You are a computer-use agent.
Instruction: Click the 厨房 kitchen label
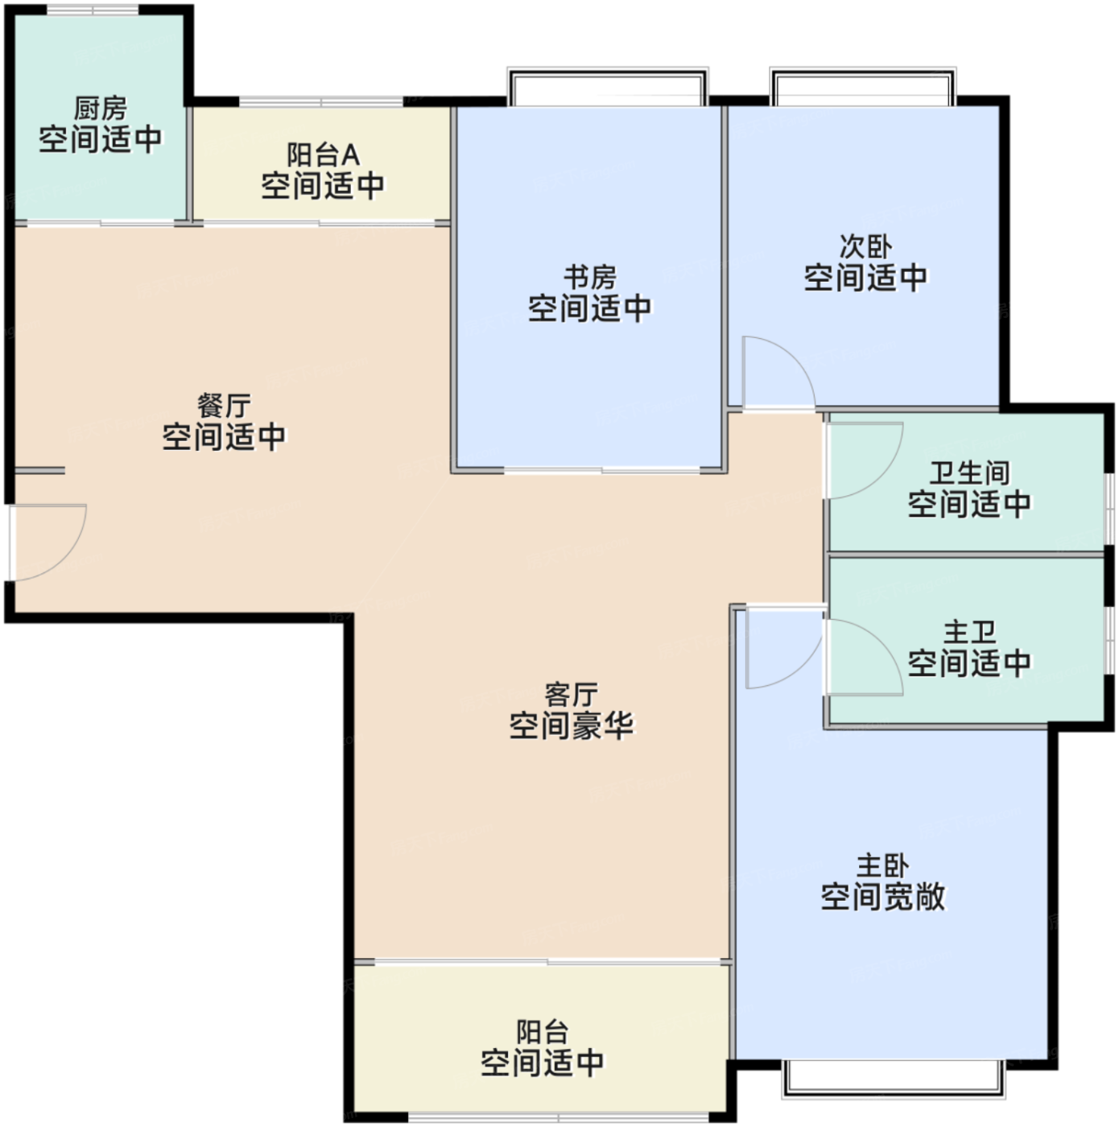pyautogui.click(x=100, y=108)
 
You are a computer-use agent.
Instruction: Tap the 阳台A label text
pyautogui.click(x=323, y=155)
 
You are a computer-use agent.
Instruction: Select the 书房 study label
pyautogui.click(x=589, y=277)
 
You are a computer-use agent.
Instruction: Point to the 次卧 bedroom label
pyautogui.click(x=865, y=246)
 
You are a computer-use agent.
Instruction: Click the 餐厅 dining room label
pyautogui.click(x=224, y=405)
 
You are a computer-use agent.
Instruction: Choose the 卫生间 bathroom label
pyautogui.click(x=970, y=473)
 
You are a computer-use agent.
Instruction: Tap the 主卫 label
pyautogui.click(x=970, y=632)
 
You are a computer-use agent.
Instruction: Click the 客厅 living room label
pyautogui.click(x=572, y=695)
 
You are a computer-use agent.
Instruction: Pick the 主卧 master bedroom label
pyautogui.click(x=883, y=865)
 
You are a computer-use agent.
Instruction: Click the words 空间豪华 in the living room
pyautogui.click(x=572, y=726)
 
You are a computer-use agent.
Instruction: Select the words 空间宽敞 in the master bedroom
pyautogui.click(x=883, y=897)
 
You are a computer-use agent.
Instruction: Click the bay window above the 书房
pyautogui.click(x=608, y=87)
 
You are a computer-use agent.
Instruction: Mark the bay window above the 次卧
pyautogui.click(x=863, y=87)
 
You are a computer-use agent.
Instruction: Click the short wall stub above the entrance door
pyautogui.click(x=39, y=470)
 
